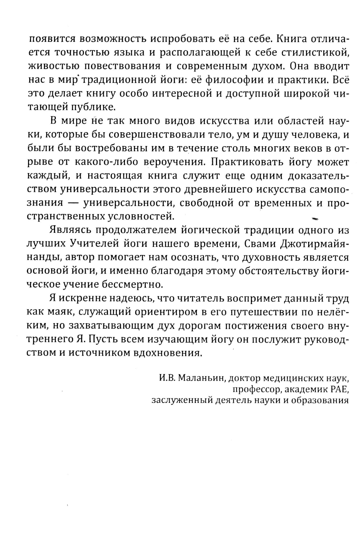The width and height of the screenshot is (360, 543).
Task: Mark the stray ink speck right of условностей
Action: point(316,218)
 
